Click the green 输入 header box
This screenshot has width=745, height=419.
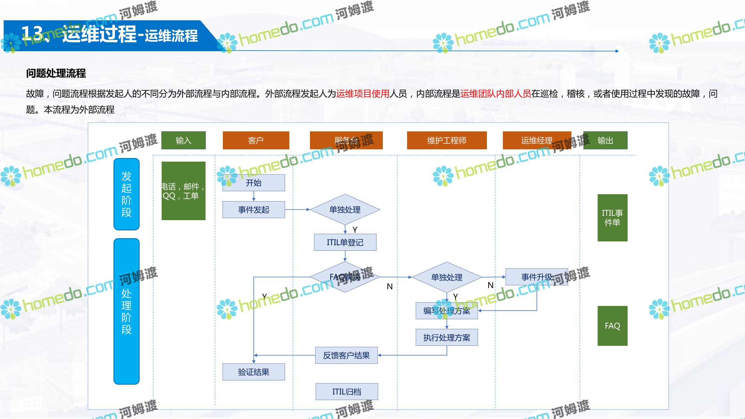(183, 140)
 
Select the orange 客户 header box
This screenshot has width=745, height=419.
(256, 140)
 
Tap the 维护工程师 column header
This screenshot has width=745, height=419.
(447, 140)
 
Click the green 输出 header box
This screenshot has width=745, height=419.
(605, 140)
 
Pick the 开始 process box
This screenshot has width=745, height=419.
(253, 183)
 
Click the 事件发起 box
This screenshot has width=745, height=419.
(253, 209)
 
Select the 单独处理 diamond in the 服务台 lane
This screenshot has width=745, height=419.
(345, 209)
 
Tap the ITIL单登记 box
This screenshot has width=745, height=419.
(345, 242)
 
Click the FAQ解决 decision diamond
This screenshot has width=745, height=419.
(345, 277)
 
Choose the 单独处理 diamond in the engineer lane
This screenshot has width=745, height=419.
(447, 277)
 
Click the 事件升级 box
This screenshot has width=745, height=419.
(536, 277)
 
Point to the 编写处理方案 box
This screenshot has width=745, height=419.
(447, 311)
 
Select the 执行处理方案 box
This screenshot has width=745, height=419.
(447, 338)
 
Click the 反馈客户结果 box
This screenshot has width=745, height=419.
(346, 355)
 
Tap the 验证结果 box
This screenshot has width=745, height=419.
(253, 372)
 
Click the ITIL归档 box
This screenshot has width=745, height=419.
(347, 391)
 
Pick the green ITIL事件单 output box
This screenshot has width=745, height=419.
(612, 218)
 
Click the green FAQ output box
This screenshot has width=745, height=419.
(612, 326)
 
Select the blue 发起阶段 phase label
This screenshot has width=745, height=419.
(126, 194)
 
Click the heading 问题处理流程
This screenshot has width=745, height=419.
(56, 73)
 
